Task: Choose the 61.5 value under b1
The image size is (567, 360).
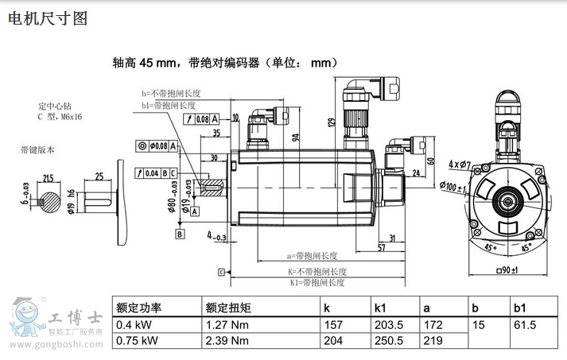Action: point(526,325)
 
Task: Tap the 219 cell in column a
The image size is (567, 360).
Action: point(433,341)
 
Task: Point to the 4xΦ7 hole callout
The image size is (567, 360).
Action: point(460,165)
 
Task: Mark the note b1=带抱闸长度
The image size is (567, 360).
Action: point(169,105)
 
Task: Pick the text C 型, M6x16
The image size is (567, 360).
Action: point(60,116)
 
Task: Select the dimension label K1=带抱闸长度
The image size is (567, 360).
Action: point(317,282)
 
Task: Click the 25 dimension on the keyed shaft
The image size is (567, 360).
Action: point(99,176)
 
